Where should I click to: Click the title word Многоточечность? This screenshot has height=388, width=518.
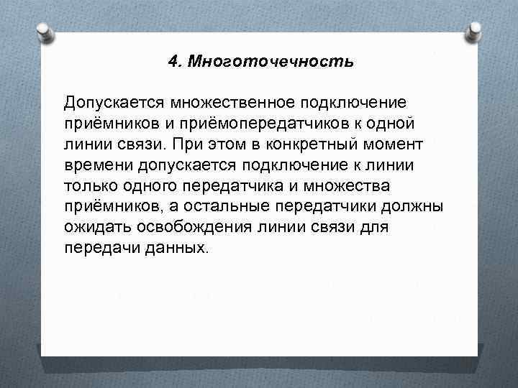point(271,62)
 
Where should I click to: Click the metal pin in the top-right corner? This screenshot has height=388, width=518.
point(473,32)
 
